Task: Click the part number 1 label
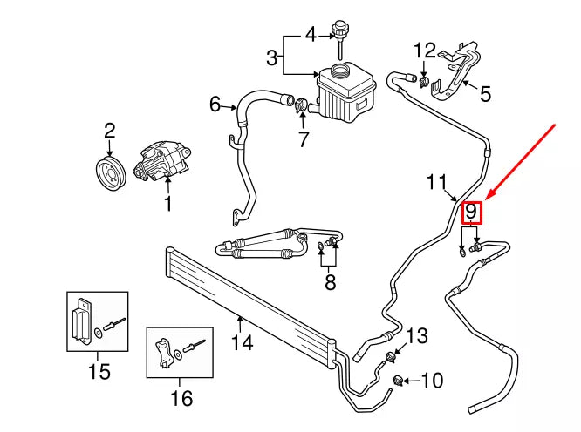pos(167,206)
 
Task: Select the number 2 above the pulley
pos(110,132)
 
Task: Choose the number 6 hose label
pos(215,105)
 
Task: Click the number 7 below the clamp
pos(304,138)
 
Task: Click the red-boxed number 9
pos(471,212)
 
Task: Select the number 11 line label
pos(437,183)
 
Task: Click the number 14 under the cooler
pos(242,343)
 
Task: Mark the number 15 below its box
pos(99,372)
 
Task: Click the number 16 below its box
pos(181,399)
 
